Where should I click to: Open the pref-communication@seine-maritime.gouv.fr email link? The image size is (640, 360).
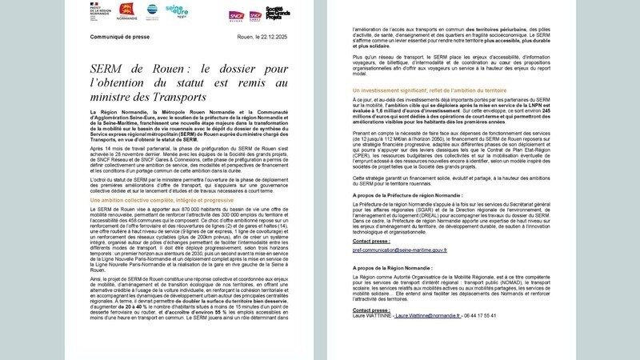point(399,250)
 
